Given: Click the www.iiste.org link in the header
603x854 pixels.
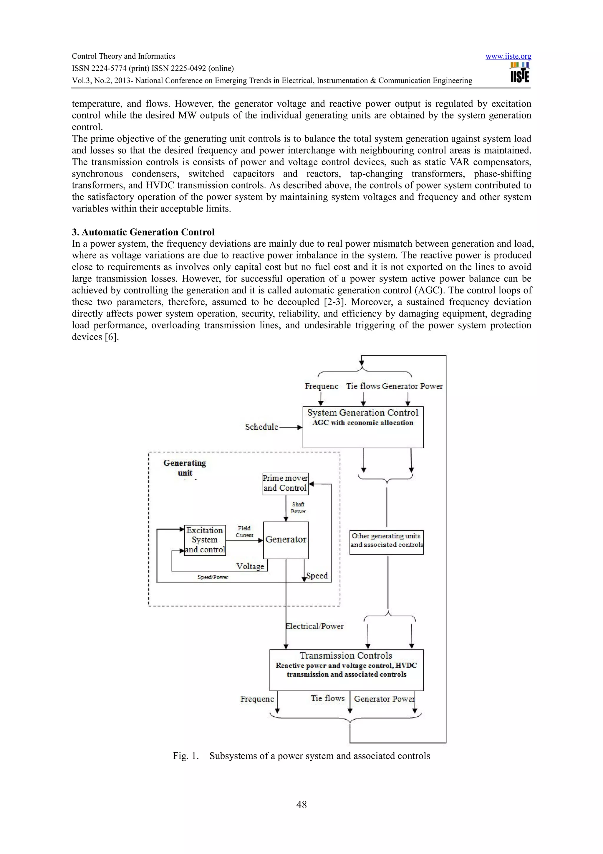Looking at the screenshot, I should (x=508, y=57).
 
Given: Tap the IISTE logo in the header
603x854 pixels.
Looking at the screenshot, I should (x=519, y=73).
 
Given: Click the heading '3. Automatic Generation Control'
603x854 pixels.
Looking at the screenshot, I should (x=143, y=232).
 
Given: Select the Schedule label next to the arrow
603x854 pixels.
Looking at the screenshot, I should (x=261, y=427).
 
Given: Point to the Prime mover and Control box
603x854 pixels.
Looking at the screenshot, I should (x=285, y=483).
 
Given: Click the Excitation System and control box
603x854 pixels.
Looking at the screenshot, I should (x=205, y=540).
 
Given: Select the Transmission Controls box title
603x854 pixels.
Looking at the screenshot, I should (x=346, y=656).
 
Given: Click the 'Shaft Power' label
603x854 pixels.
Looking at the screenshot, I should (x=298, y=508).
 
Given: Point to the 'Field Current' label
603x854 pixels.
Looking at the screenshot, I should (x=244, y=532).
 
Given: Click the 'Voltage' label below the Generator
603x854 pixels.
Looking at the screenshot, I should (x=250, y=566).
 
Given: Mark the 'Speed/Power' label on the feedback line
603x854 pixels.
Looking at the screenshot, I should (x=213, y=577).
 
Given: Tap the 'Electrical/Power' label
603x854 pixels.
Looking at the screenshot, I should (x=315, y=627).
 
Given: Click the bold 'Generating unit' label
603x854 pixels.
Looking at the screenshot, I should (x=185, y=468).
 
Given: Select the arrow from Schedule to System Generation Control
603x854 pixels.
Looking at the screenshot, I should (x=290, y=427).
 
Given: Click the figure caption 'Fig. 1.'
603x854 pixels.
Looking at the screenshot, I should (x=185, y=756).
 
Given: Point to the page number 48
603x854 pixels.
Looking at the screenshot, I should (x=301, y=804).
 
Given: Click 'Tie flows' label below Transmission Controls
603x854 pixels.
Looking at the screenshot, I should (x=327, y=698).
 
